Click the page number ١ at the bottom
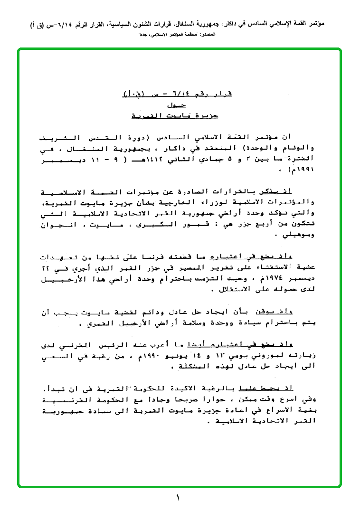[178, 498]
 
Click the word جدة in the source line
[140, 35]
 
